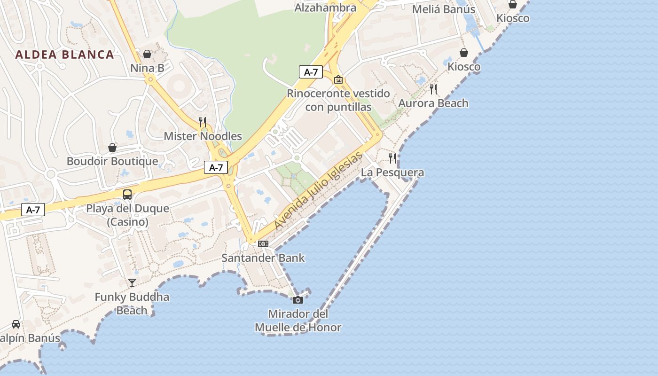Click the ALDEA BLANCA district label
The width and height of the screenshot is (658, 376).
pos(64,55)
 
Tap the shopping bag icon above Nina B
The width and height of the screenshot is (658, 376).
pos(147,54)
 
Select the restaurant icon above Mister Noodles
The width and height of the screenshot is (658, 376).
pos(203,122)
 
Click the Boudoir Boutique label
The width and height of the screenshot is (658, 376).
pos(112,161)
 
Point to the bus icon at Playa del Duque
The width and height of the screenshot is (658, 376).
pos(127,195)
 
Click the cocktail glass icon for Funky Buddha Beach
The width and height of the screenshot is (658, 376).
pos(132,282)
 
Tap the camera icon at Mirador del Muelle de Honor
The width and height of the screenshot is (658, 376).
pos(298,300)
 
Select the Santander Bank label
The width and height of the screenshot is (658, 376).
pos(263,258)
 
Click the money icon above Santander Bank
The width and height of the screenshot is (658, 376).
pos(263,243)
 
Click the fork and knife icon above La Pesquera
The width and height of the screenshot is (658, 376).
pos(392,158)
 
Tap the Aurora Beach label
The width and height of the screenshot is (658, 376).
pos(433,103)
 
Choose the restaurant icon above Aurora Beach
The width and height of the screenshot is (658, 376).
pos(433,89)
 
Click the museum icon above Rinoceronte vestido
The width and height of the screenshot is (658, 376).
pos(338,79)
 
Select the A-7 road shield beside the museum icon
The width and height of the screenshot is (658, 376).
pos(311,72)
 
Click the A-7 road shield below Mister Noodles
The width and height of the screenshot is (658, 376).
pos(216,167)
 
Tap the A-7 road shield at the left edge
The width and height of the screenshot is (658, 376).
pos(33,210)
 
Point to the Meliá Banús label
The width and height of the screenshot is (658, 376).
pos(444,9)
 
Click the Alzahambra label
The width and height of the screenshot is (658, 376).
pos(325,8)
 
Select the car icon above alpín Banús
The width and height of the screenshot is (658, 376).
pos(16,324)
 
